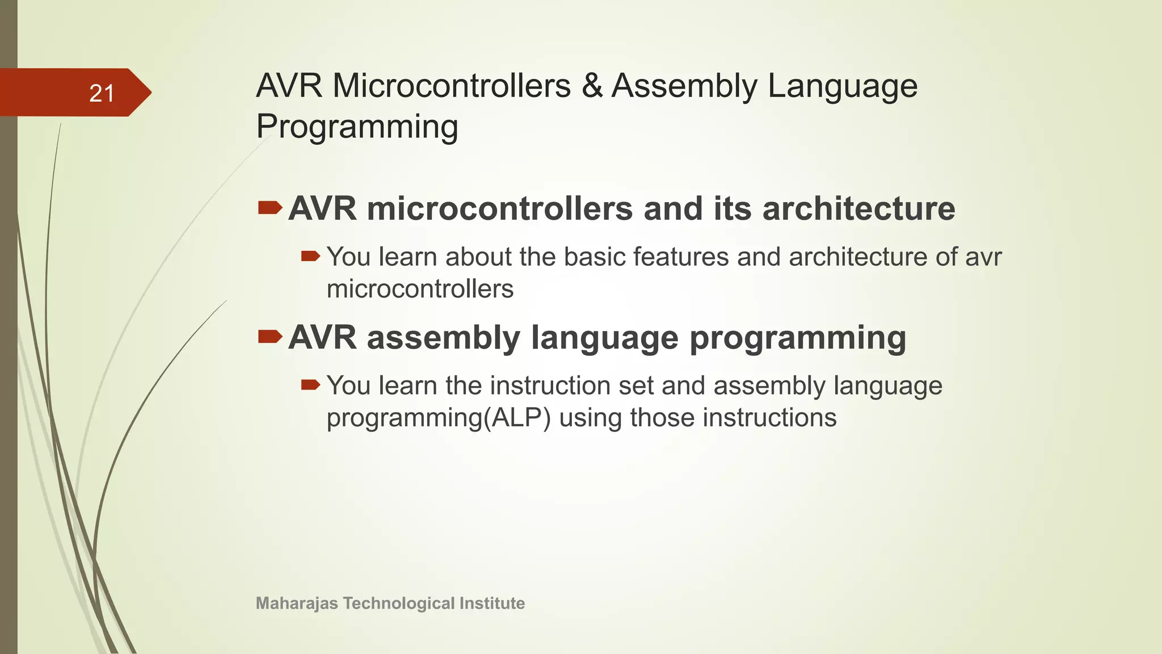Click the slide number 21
102,93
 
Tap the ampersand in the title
592,86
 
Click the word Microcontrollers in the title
452,86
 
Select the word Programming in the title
357,127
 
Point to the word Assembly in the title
684,86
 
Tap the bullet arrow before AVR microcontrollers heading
270,208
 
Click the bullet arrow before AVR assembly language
270,337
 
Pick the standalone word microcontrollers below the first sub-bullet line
420,289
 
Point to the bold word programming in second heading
797,338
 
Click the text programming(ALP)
439,418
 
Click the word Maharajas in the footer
297,603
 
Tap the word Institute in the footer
491,603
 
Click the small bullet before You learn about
310,257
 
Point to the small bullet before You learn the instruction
310,385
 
